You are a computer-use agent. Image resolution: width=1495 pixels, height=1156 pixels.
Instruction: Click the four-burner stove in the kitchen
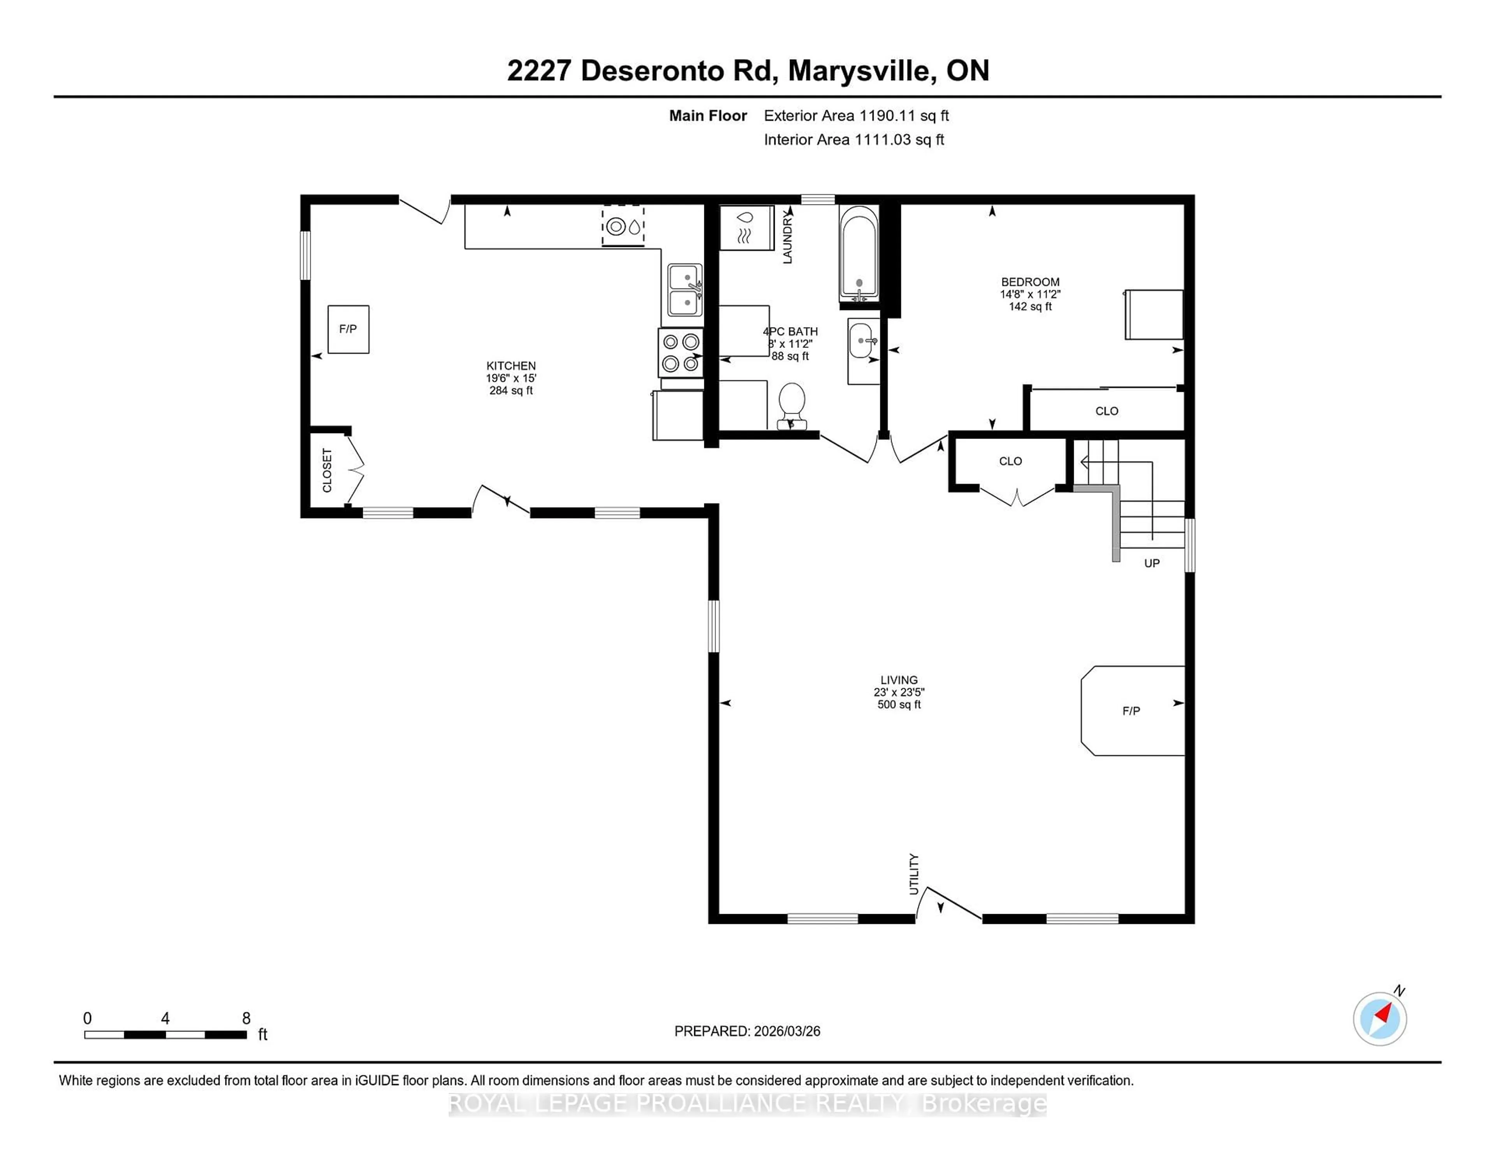click(681, 353)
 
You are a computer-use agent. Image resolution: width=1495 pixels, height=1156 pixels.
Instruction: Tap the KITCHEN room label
click(511, 366)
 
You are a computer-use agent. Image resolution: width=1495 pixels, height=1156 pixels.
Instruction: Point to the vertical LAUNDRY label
click(787, 237)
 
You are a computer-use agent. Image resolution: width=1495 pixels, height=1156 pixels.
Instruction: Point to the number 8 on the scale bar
click(246, 1019)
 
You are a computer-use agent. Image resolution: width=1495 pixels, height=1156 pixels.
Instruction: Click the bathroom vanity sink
click(862, 340)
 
